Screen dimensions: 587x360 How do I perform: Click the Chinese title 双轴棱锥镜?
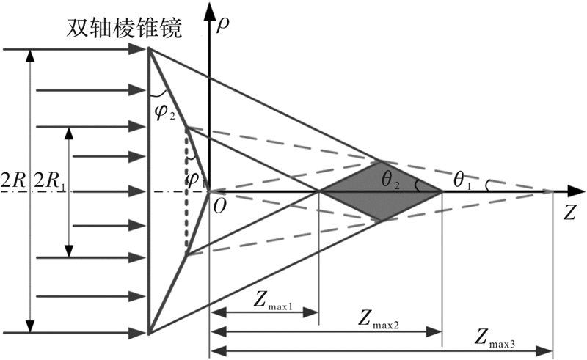(x=124, y=28)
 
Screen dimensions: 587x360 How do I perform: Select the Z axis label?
(x=569, y=213)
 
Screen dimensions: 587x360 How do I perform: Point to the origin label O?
(x=219, y=205)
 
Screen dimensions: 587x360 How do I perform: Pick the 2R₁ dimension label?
(x=50, y=181)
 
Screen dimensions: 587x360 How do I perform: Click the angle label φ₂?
(x=164, y=113)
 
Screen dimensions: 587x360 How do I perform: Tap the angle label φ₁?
(x=195, y=180)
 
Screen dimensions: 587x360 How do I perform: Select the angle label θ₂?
(x=391, y=180)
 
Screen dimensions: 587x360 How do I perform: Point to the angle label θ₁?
(x=462, y=180)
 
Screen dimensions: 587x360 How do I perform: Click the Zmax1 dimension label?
(x=272, y=301)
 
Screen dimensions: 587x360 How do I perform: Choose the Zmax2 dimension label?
(x=378, y=319)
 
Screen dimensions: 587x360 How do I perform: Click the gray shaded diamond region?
(x=381, y=191)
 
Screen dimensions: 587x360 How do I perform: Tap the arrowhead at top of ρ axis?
(x=209, y=10)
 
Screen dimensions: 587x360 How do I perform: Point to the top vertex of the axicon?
(x=149, y=48)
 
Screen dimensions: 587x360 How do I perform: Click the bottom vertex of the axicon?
(x=149, y=333)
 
